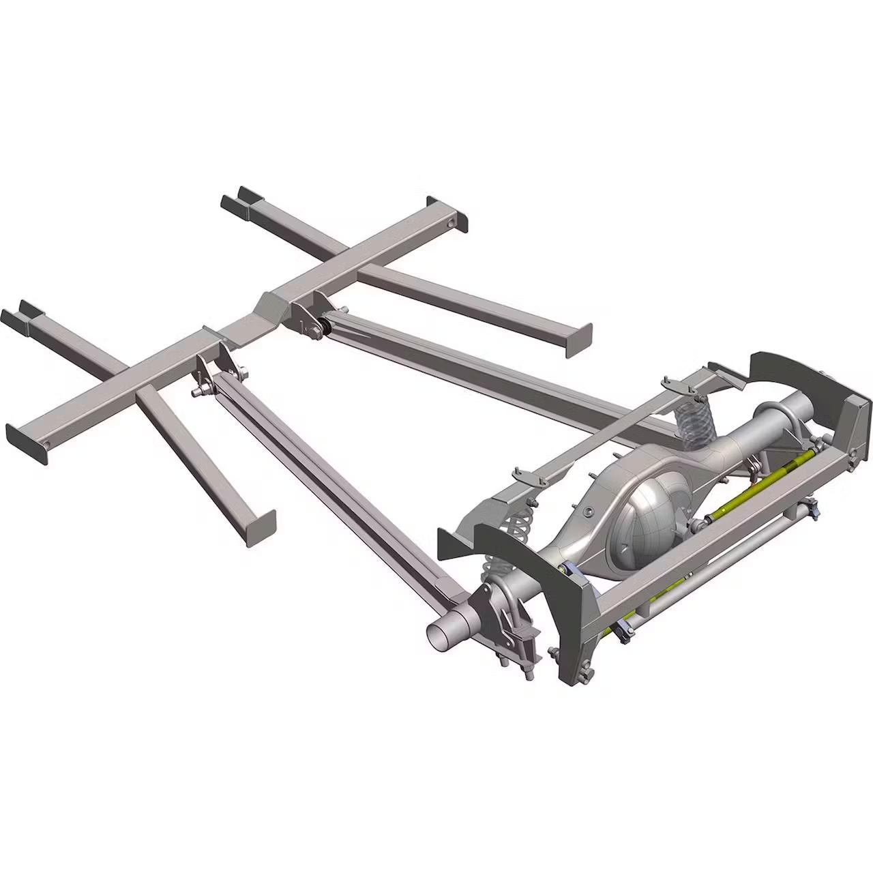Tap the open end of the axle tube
441,630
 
